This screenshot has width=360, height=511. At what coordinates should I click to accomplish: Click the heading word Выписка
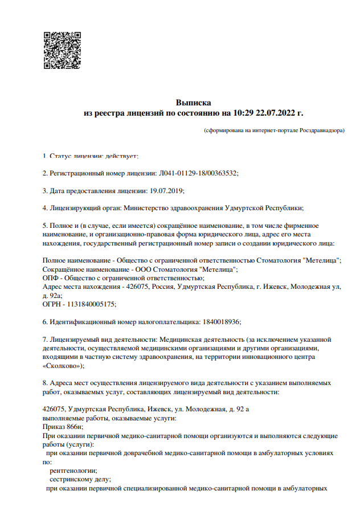(x=193, y=103)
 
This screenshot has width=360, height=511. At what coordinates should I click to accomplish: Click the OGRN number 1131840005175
(x=93, y=304)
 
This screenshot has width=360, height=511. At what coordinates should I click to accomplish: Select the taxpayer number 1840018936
(x=221, y=322)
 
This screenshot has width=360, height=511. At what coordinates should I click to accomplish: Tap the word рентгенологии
(x=73, y=471)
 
